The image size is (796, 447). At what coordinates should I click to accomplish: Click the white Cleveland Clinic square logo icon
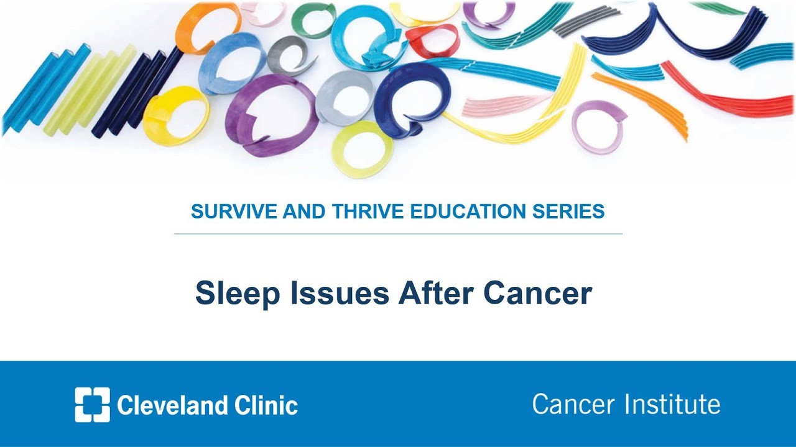click(92, 405)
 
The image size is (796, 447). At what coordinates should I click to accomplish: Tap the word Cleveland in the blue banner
click(169, 405)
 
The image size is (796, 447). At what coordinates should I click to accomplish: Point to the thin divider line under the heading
click(398, 234)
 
